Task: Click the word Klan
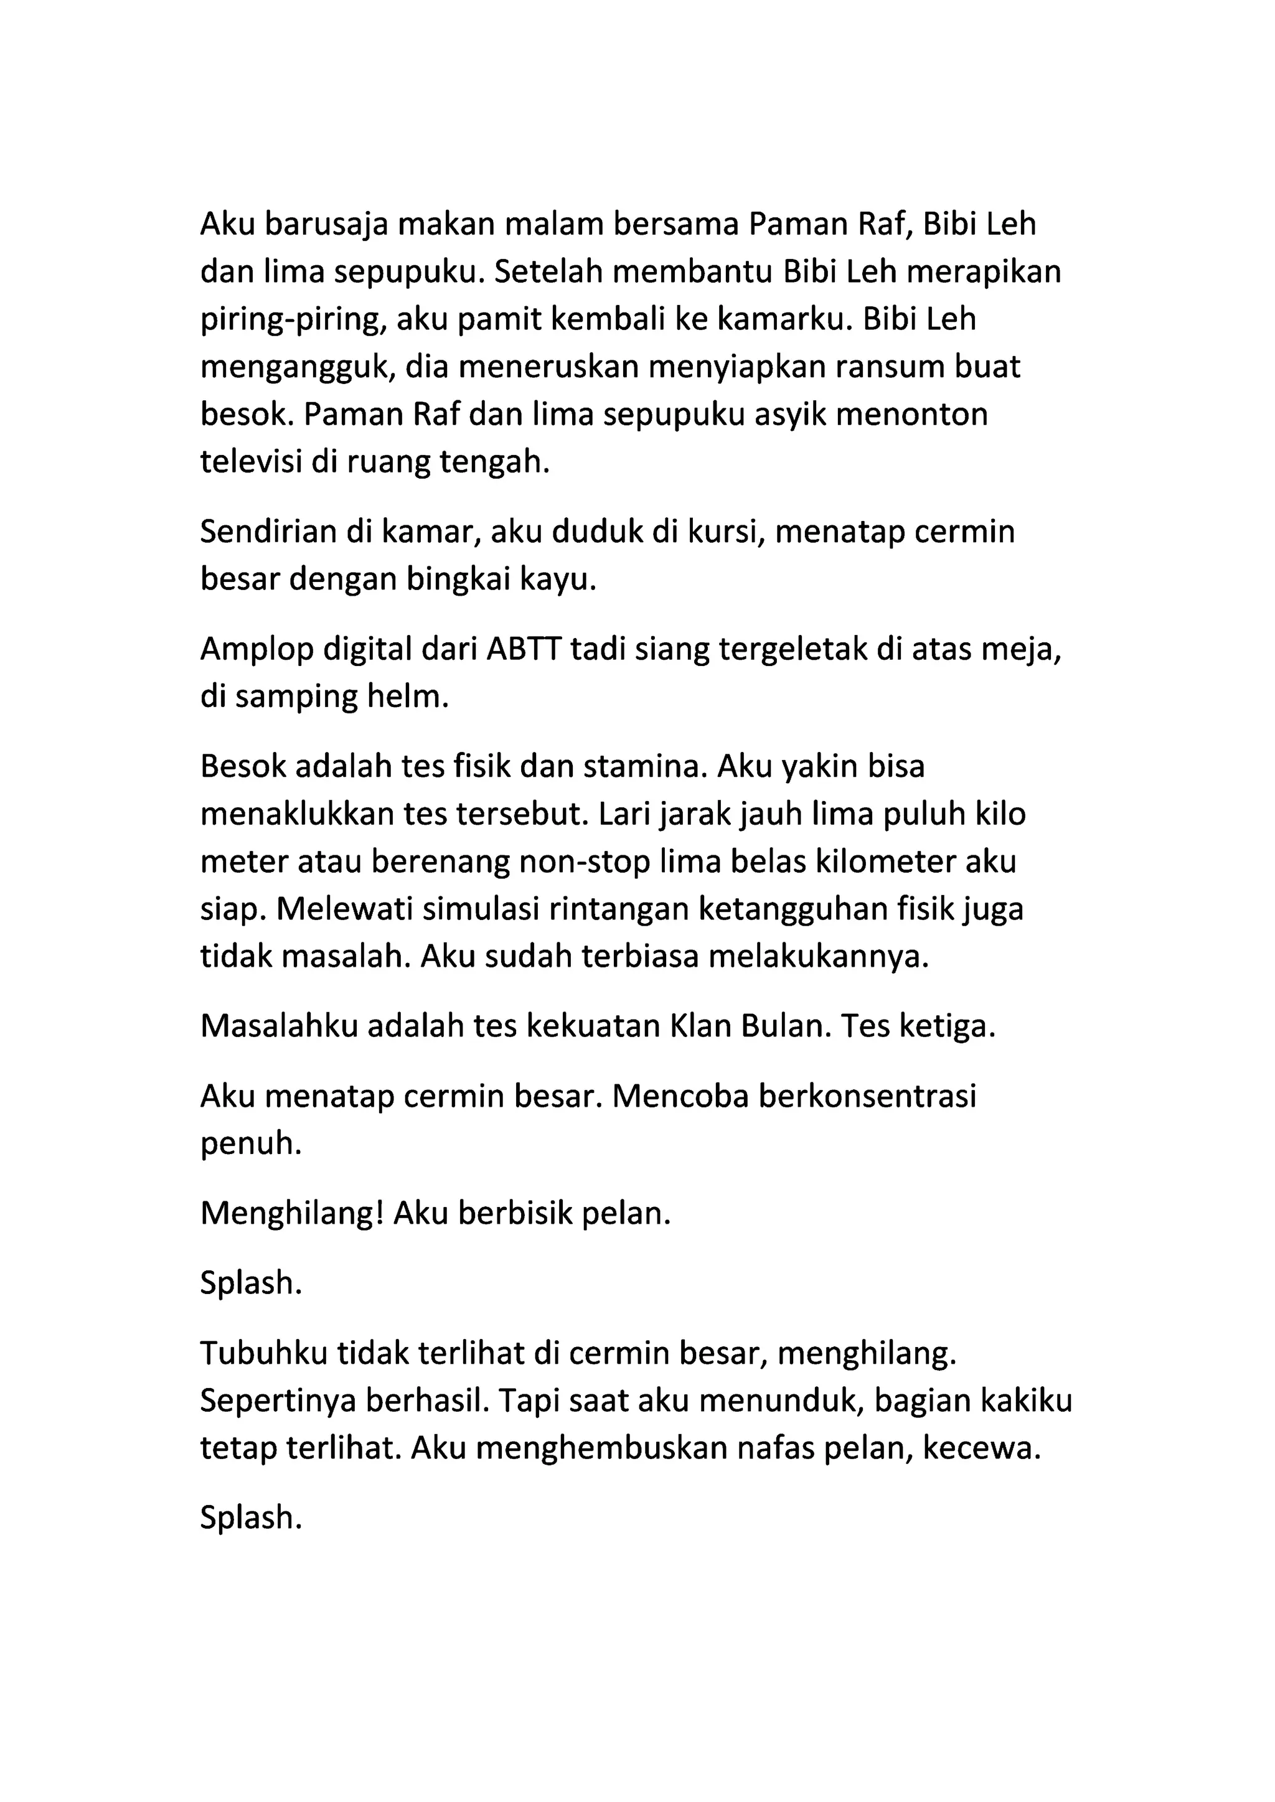pos(697,1026)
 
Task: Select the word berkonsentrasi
pos(867,1096)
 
